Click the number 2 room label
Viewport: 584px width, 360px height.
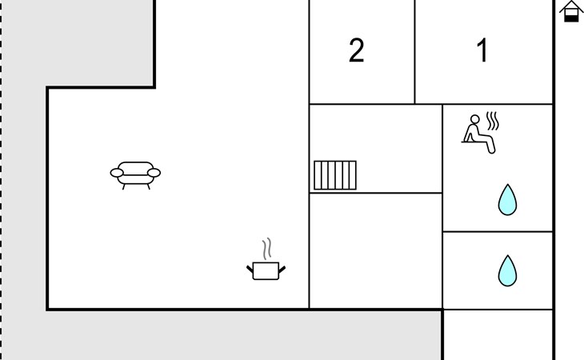point(357,51)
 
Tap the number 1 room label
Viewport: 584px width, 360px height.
point(482,51)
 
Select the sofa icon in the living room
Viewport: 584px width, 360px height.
point(135,173)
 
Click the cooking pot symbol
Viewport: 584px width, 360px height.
point(266,270)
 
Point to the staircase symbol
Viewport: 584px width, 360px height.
point(335,175)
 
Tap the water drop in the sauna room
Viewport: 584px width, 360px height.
point(507,200)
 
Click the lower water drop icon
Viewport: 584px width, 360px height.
point(507,271)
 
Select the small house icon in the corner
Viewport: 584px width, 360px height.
point(570,11)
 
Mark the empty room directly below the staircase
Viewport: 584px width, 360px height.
point(375,250)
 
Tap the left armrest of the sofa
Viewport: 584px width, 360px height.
point(116,172)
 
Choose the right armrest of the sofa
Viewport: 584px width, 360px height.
point(154,172)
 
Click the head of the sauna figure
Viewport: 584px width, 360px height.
point(474,120)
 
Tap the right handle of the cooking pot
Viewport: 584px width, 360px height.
point(282,267)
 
